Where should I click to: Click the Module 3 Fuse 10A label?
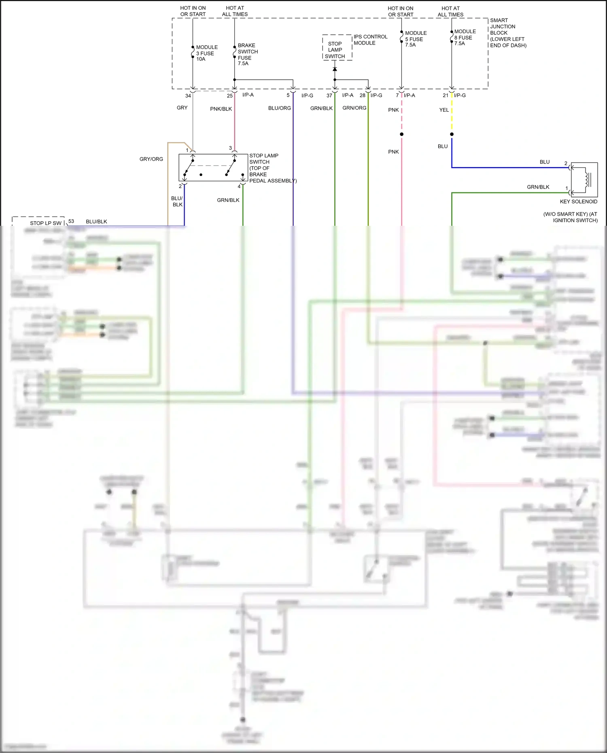[x=206, y=53]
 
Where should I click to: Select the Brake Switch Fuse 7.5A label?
[x=247, y=54]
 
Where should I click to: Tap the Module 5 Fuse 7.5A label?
[x=415, y=39]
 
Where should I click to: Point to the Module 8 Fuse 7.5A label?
[x=465, y=37]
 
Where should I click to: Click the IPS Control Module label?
[x=370, y=40]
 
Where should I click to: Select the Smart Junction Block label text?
[x=507, y=33]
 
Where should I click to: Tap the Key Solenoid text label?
[x=578, y=202]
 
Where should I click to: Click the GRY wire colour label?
[x=182, y=108]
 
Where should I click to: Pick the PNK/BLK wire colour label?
[x=221, y=109]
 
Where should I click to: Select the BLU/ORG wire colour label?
[x=279, y=108]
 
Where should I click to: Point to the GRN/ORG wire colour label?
[x=354, y=108]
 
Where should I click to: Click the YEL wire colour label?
[x=444, y=110]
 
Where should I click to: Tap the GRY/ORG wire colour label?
[x=151, y=159]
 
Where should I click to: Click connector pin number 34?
[x=188, y=96]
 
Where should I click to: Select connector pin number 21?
[x=445, y=95]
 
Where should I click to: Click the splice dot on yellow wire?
[x=452, y=134]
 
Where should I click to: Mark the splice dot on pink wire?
[x=401, y=134]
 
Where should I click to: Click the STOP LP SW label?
[x=45, y=223]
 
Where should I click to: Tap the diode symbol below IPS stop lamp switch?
[x=335, y=69]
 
